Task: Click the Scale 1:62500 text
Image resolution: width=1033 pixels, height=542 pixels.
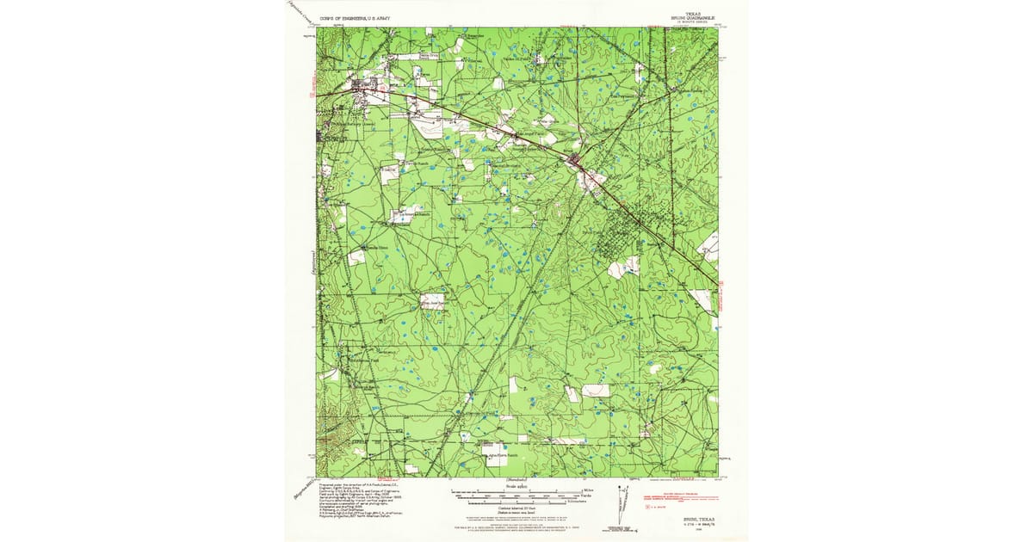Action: coord(504,483)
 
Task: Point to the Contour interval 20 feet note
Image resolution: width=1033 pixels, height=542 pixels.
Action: coord(505,508)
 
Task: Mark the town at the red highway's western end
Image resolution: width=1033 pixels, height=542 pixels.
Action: coord(366,85)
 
